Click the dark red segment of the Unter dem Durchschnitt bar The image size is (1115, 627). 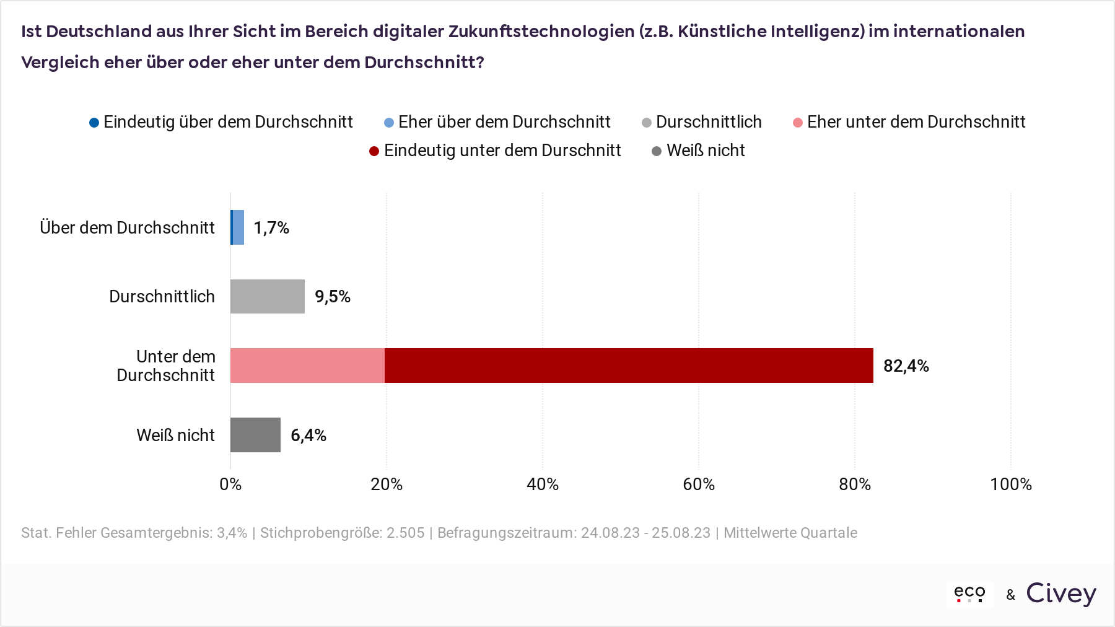tap(629, 366)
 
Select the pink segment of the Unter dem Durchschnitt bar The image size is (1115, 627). tap(307, 366)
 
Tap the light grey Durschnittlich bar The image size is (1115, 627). tap(268, 296)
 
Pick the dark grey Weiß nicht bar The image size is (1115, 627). tap(255, 435)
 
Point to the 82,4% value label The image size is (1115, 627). tap(906, 366)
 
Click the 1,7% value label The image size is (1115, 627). tap(271, 228)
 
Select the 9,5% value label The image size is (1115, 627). tap(333, 297)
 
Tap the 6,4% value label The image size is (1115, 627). tap(308, 436)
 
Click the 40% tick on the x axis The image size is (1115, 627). tap(543, 484)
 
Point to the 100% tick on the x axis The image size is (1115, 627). tap(1011, 484)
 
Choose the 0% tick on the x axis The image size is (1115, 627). tap(230, 484)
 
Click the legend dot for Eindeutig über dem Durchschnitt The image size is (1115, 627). tap(94, 123)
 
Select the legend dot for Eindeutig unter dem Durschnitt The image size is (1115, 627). tap(374, 151)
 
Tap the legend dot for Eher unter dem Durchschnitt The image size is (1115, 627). tap(798, 123)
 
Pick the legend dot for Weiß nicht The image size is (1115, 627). tap(657, 151)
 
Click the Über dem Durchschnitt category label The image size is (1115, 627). tap(128, 228)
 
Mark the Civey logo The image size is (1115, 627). tap(1061, 594)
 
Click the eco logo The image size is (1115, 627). tap(969, 594)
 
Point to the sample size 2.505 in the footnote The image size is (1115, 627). tap(406, 533)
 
